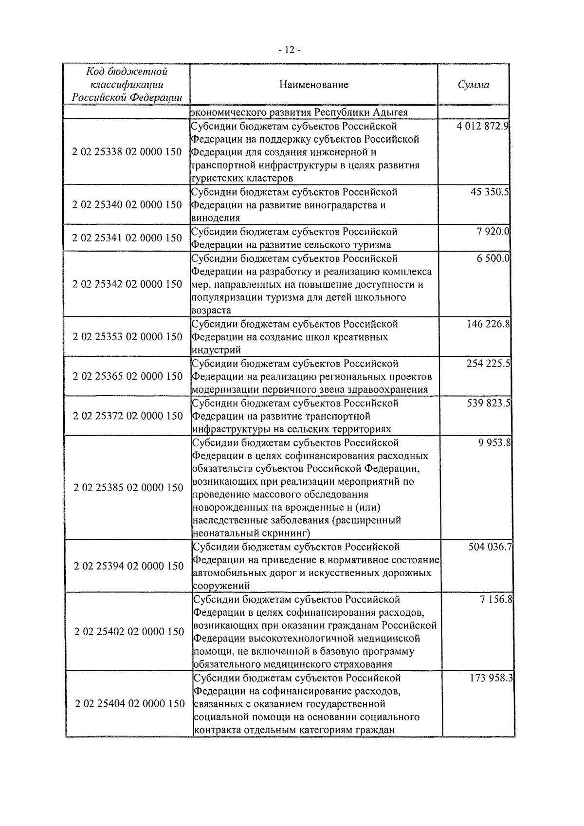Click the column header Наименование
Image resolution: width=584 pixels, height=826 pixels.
314,85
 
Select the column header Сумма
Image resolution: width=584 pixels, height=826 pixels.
473,85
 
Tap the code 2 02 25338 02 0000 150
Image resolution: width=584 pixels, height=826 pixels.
127,152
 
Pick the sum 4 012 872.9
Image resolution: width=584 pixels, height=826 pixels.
482,127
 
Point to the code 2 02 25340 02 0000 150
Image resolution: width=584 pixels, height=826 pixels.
127,204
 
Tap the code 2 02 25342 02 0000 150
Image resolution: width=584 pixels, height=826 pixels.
127,284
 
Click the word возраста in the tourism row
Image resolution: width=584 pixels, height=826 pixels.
211,311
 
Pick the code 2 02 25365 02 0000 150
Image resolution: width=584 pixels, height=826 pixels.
128,376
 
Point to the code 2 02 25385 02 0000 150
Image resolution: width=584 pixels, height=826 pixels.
128,487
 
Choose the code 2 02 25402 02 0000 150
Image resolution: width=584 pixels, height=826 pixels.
129,632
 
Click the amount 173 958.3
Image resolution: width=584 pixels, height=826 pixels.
491,678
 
